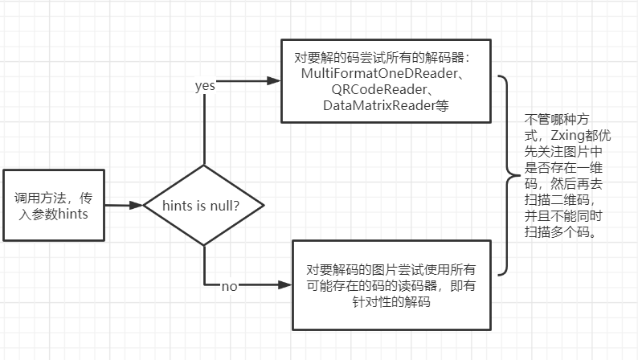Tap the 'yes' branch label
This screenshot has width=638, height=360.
point(206,86)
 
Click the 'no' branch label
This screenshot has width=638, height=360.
point(230,286)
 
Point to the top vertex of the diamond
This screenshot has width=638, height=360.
point(205,166)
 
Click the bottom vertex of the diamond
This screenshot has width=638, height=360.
point(205,245)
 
